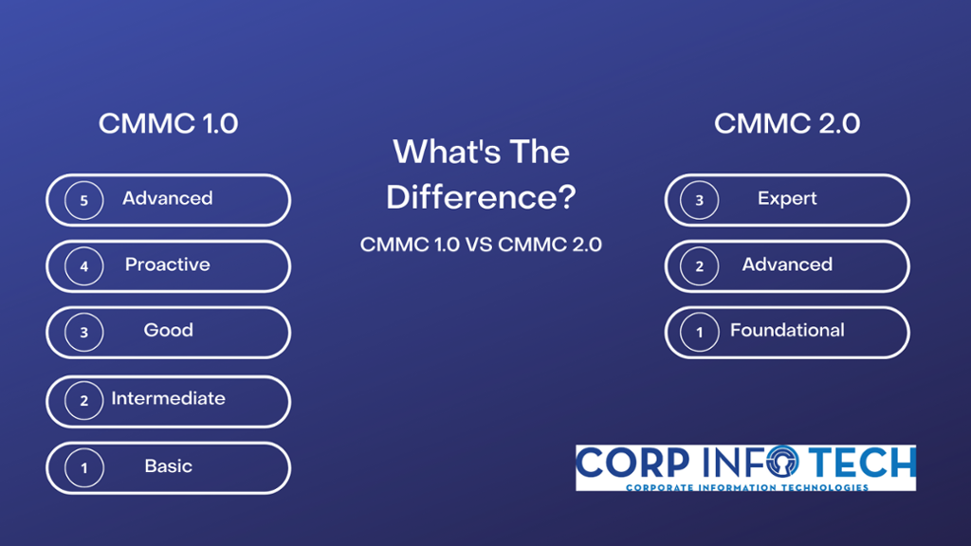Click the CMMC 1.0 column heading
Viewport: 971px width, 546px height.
coord(168,123)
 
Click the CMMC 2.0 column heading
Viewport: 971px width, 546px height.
coord(786,123)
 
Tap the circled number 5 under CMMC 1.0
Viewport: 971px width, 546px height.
coord(83,200)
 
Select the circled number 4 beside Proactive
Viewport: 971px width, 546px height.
coord(83,266)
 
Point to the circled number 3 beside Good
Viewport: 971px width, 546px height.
coord(83,332)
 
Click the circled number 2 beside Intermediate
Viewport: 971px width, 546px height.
coord(83,401)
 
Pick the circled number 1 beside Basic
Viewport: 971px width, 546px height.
coord(83,467)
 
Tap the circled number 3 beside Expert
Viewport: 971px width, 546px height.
coord(700,200)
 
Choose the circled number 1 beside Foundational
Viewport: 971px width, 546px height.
coord(700,332)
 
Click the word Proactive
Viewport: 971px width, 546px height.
coord(168,264)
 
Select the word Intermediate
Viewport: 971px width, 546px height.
coord(168,398)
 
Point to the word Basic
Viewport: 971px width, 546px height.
coord(168,466)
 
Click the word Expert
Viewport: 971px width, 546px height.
coord(787,198)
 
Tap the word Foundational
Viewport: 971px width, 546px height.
coord(787,330)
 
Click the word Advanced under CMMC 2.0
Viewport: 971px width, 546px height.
coord(787,264)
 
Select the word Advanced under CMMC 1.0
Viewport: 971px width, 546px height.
coord(168,198)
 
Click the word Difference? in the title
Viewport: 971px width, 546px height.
coord(481,197)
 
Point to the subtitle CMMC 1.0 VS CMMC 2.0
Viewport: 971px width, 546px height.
coord(481,245)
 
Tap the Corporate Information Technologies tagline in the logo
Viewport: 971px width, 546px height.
coord(746,487)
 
